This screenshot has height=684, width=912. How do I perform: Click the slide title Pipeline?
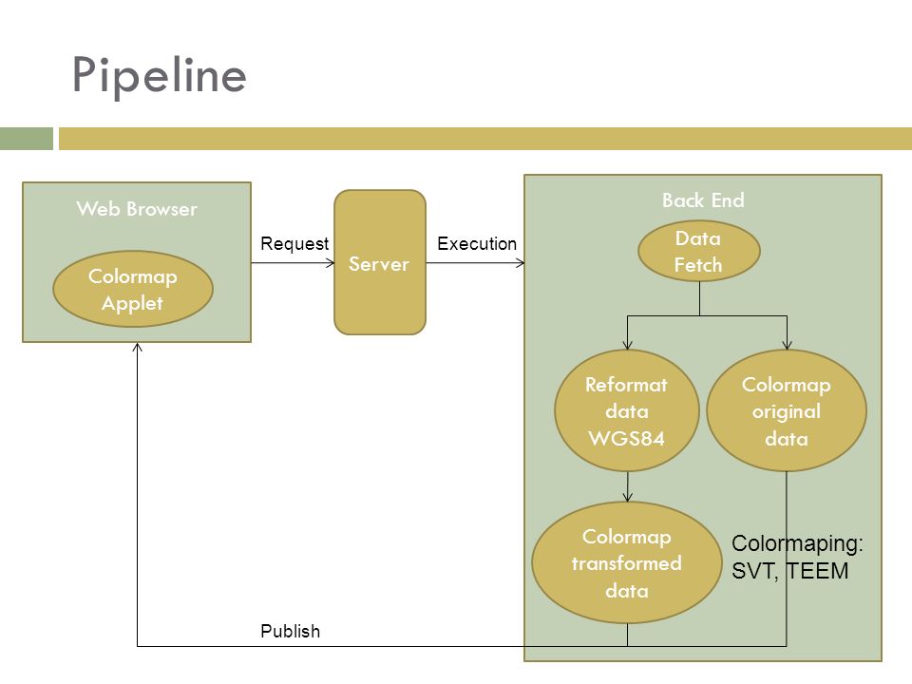[160, 76]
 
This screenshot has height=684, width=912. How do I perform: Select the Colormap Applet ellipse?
[133, 289]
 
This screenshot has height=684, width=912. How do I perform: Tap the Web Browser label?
[137, 209]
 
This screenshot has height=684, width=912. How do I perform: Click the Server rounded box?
[380, 262]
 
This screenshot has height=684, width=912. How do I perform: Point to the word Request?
[294, 244]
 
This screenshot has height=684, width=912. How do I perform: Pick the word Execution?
[477, 244]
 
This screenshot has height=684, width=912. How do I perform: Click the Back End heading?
[703, 200]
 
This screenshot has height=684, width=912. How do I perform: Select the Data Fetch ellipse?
[699, 251]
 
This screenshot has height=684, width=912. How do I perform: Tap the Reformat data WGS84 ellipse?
[627, 410]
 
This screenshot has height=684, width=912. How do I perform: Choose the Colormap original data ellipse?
[787, 410]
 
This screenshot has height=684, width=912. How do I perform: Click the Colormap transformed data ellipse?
[627, 562]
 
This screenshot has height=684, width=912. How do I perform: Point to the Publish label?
[291, 631]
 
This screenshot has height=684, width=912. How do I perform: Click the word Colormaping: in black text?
[797, 543]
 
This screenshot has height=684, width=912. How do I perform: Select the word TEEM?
[817, 571]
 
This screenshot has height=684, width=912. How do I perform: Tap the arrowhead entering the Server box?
[331, 263]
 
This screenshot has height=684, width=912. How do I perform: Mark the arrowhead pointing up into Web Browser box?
[137, 348]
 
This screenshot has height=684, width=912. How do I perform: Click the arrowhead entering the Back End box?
[520, 263]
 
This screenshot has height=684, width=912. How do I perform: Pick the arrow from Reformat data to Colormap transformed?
[628, 486]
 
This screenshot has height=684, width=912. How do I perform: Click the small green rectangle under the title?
[27, 139]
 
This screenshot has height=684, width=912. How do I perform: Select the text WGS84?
[626, 438]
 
